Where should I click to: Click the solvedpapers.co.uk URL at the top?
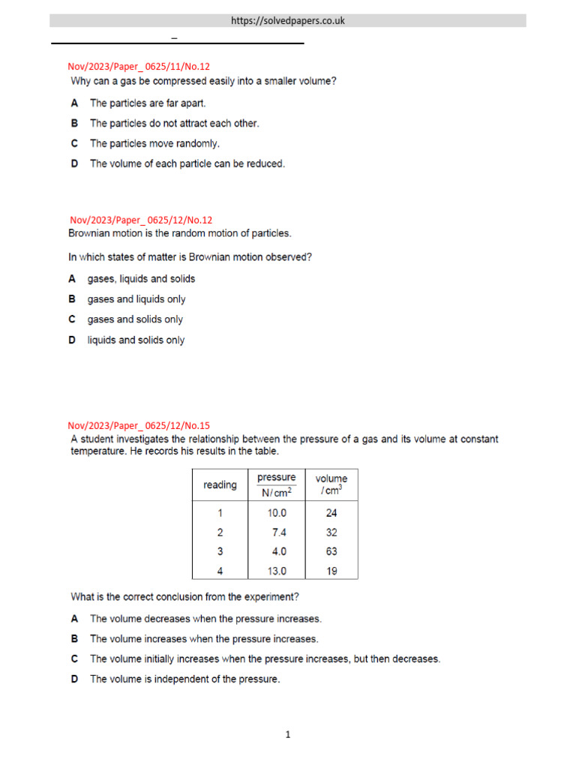[288, 21]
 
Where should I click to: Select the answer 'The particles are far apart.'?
[147, 103]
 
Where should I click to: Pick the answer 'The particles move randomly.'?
[154, 143]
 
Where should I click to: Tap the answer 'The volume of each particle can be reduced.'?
[187, 163]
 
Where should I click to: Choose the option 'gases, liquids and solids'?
[141, 279]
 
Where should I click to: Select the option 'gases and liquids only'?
[136, 299]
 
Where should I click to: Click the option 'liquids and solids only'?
[136, 340]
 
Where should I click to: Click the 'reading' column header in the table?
[220, 485]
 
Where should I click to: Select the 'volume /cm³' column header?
[331, 485]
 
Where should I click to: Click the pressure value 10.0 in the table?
[276, 514]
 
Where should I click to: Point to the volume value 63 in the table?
[331, 551]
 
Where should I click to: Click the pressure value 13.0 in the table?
[276, 571]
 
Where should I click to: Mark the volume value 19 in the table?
[331, 571]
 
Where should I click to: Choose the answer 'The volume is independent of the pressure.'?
[184, 679]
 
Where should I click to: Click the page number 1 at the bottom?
[287, 735]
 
